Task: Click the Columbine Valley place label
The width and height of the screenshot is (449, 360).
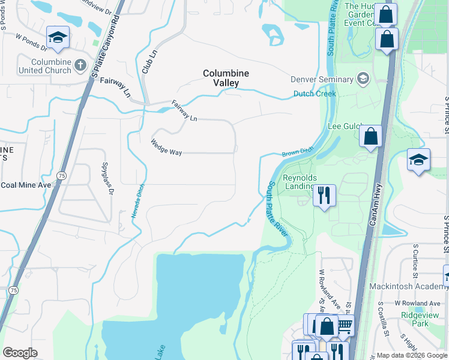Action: (x=225, y=78)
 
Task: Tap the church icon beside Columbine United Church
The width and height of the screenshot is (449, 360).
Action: (x=80, y=62)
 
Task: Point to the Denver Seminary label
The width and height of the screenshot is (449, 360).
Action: (x=322, y=79)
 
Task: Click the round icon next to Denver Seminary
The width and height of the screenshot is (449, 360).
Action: (x=363, y=79)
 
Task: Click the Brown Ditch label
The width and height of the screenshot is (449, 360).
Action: (x=298, y=154)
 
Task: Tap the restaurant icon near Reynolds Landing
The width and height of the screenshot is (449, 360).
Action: (x=324, y=195)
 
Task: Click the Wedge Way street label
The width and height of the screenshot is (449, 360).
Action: (x=166, y=152)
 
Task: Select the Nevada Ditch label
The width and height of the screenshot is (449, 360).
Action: (x=137, y=200)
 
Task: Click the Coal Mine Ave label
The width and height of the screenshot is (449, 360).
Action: (x=26, y=185)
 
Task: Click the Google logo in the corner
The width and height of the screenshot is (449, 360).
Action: (x=20, y=352)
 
